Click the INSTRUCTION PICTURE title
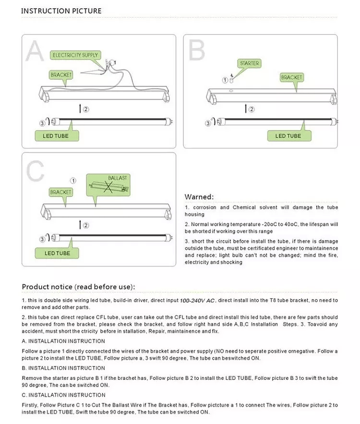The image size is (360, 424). tap(61, 11)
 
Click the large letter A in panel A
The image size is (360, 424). tap(35, 51)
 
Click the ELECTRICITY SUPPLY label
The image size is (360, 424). tap(75, 55)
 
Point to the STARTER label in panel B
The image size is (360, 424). tap(249, 63)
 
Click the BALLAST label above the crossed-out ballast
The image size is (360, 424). tap(118, 178)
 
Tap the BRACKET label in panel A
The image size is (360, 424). tap(61, 75)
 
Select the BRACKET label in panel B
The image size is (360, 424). tap(291, 77)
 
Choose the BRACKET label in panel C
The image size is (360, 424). tap(61, 192)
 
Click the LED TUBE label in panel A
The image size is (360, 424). tap(56, 136)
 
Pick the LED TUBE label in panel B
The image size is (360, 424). tap(288, 136)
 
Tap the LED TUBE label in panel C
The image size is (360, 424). tap(57, 253)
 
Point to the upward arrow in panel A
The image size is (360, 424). tap(79, 109)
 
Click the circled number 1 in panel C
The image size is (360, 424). tap(73, 181)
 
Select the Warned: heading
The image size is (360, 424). tap(199, 197)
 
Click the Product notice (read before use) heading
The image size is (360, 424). tap(78, 287)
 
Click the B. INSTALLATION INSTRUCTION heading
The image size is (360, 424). tap(63, 368)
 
